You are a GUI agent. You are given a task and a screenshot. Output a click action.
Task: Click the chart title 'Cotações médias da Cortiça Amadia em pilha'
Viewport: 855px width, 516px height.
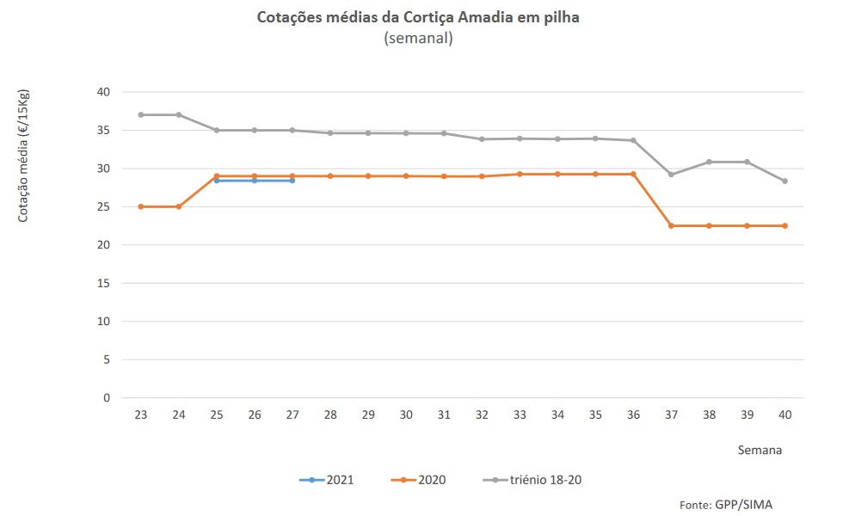pyautogui.click(x=418, y=17)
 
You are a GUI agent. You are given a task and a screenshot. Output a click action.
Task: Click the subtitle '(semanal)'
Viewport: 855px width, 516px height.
pyautogui.click(x=418, y=39)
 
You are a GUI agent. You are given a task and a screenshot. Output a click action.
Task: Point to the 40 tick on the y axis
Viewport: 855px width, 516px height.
pyautogui.click(x=103, y=92)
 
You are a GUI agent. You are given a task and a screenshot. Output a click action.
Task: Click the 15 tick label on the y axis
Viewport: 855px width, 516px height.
pyautogui.click(x=103, y=283)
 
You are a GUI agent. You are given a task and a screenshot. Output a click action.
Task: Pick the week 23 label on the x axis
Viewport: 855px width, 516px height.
pyautogui.click(x=140, y=415)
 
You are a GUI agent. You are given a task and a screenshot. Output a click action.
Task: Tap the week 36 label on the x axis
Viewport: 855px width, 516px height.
pyautogui.click(x=633, y=415)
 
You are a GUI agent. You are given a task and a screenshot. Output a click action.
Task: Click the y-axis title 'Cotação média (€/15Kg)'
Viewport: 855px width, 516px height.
pyautogui.click(x=24, y=155)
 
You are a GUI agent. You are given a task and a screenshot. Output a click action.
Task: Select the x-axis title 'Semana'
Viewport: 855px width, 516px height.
pyautogui.click(x=760, y=449)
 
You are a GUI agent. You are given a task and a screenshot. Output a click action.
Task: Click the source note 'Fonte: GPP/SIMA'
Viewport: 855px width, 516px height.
pyautogui.click(x=721, y=505)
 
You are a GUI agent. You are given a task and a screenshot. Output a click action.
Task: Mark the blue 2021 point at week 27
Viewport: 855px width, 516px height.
pyautogui.click(x=292, y=181)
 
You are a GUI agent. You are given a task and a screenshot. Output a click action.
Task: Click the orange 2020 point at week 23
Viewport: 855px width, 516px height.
pyautogui.click(x=140, y=206)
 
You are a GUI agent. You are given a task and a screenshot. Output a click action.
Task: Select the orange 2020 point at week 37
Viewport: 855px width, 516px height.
pyautogui.click(x=671, y=225)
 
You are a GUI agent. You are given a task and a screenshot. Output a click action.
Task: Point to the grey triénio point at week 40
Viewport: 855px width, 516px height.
pyautogui.click(x=785, y=181)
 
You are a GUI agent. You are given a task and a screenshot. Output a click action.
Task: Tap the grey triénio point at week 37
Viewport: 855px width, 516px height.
pyautogui.click(x=671, y=175)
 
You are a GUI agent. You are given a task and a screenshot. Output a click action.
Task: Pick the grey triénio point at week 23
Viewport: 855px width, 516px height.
pyautogui.click(x=140, y=114)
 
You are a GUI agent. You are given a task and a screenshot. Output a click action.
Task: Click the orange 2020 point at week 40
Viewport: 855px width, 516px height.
pyautogui.click(x=785, y=225)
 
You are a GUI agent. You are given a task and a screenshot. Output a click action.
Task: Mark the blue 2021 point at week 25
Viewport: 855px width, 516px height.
pyautogui.click(x=217, y=181)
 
